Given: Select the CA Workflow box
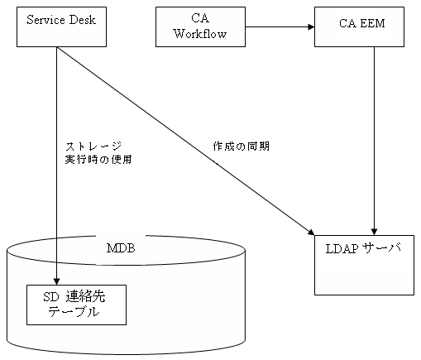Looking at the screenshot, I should coord(201,26).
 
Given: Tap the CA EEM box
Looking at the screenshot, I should coord(361,26).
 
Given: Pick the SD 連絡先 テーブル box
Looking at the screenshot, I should coord(75,305).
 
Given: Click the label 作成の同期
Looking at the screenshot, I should coord(241,146).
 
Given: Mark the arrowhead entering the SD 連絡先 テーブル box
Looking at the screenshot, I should coord(55,281).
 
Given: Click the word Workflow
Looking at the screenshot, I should coord(201,34).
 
